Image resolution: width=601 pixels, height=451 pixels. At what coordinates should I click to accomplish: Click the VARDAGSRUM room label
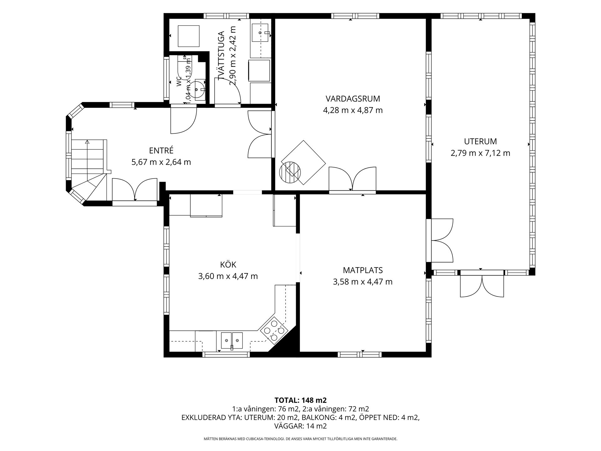[353, 99]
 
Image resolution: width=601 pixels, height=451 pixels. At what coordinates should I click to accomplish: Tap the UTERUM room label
[480, 141]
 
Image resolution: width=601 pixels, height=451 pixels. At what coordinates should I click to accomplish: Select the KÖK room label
[228, 264]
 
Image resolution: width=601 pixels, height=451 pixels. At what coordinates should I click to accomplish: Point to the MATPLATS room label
[363, 270]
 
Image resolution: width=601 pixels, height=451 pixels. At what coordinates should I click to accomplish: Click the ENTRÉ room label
[161, 150]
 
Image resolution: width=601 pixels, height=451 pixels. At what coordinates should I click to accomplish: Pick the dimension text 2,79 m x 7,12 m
[480, 153]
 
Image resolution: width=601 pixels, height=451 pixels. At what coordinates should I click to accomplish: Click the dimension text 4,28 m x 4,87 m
[353, 110]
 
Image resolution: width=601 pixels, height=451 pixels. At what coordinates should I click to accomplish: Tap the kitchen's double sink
[232, 340]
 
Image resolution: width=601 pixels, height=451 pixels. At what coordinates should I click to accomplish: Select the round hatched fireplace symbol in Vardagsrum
[290, 172]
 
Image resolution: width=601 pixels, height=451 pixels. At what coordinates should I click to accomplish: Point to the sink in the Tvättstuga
[260, 32]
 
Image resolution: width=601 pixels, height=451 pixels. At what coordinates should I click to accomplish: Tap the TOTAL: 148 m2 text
[300, 400]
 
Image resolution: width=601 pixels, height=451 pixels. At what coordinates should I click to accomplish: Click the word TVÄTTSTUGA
[222, 56]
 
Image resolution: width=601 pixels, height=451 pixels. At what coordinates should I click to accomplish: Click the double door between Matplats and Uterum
[440, 241]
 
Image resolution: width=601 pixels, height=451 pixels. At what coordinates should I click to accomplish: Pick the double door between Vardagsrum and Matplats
[352, 179]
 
